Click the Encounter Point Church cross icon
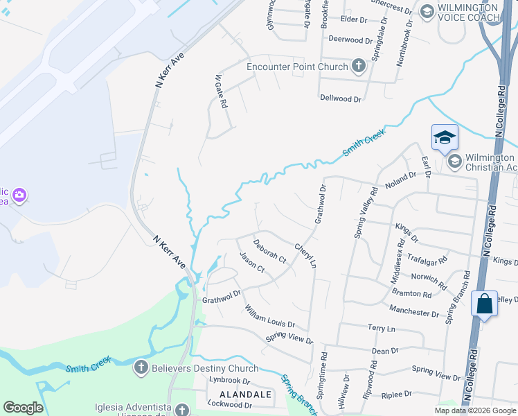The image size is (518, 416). pos(358,67)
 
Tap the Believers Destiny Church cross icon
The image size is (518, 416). pos(141,367)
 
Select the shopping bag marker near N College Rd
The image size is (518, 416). pos(484,304)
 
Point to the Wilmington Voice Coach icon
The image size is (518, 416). pos(427,11)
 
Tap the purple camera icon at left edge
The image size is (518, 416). pos(19,196)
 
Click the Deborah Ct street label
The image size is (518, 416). pos(269,251)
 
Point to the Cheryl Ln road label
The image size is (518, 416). pos(305,256)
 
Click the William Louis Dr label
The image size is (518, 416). pos(269,315)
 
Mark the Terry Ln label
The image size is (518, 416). pos(381,327)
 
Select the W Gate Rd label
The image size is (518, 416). pos(220,92)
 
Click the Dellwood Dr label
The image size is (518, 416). pos(341,99)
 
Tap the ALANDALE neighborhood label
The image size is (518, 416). pos(239,393)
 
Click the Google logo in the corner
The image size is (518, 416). pos(23,408)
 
